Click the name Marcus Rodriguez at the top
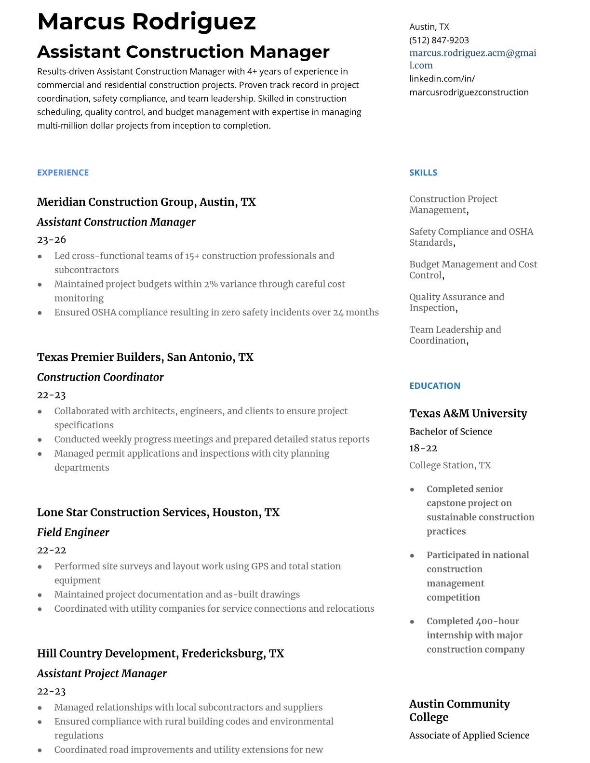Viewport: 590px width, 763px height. point(146,22)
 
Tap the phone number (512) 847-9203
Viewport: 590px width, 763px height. point(439,40)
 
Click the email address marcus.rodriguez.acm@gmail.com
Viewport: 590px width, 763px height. point(472,59)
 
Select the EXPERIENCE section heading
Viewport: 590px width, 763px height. point(63,172)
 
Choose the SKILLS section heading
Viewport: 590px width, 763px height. point(423,172)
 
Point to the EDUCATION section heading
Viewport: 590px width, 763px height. point(434,386)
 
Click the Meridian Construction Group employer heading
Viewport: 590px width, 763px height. point(146,202)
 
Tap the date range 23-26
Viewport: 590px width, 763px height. point(52,239)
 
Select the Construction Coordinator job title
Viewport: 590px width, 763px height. point(100,377)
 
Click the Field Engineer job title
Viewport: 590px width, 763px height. point(73,532)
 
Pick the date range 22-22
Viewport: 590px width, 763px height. point(52,550)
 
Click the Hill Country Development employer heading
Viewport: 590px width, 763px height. point(160,654)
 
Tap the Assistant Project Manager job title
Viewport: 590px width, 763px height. point(102,673)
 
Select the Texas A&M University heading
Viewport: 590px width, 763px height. point(468,413)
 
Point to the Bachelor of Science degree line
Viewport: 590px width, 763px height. point(450,432)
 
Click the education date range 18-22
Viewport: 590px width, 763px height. point(423,448)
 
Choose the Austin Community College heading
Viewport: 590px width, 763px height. point(459,710)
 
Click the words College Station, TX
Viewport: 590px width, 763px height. point(450,465)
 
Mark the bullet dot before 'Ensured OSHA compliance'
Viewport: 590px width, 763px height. point(40,313)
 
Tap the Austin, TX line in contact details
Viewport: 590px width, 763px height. point(429,27)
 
